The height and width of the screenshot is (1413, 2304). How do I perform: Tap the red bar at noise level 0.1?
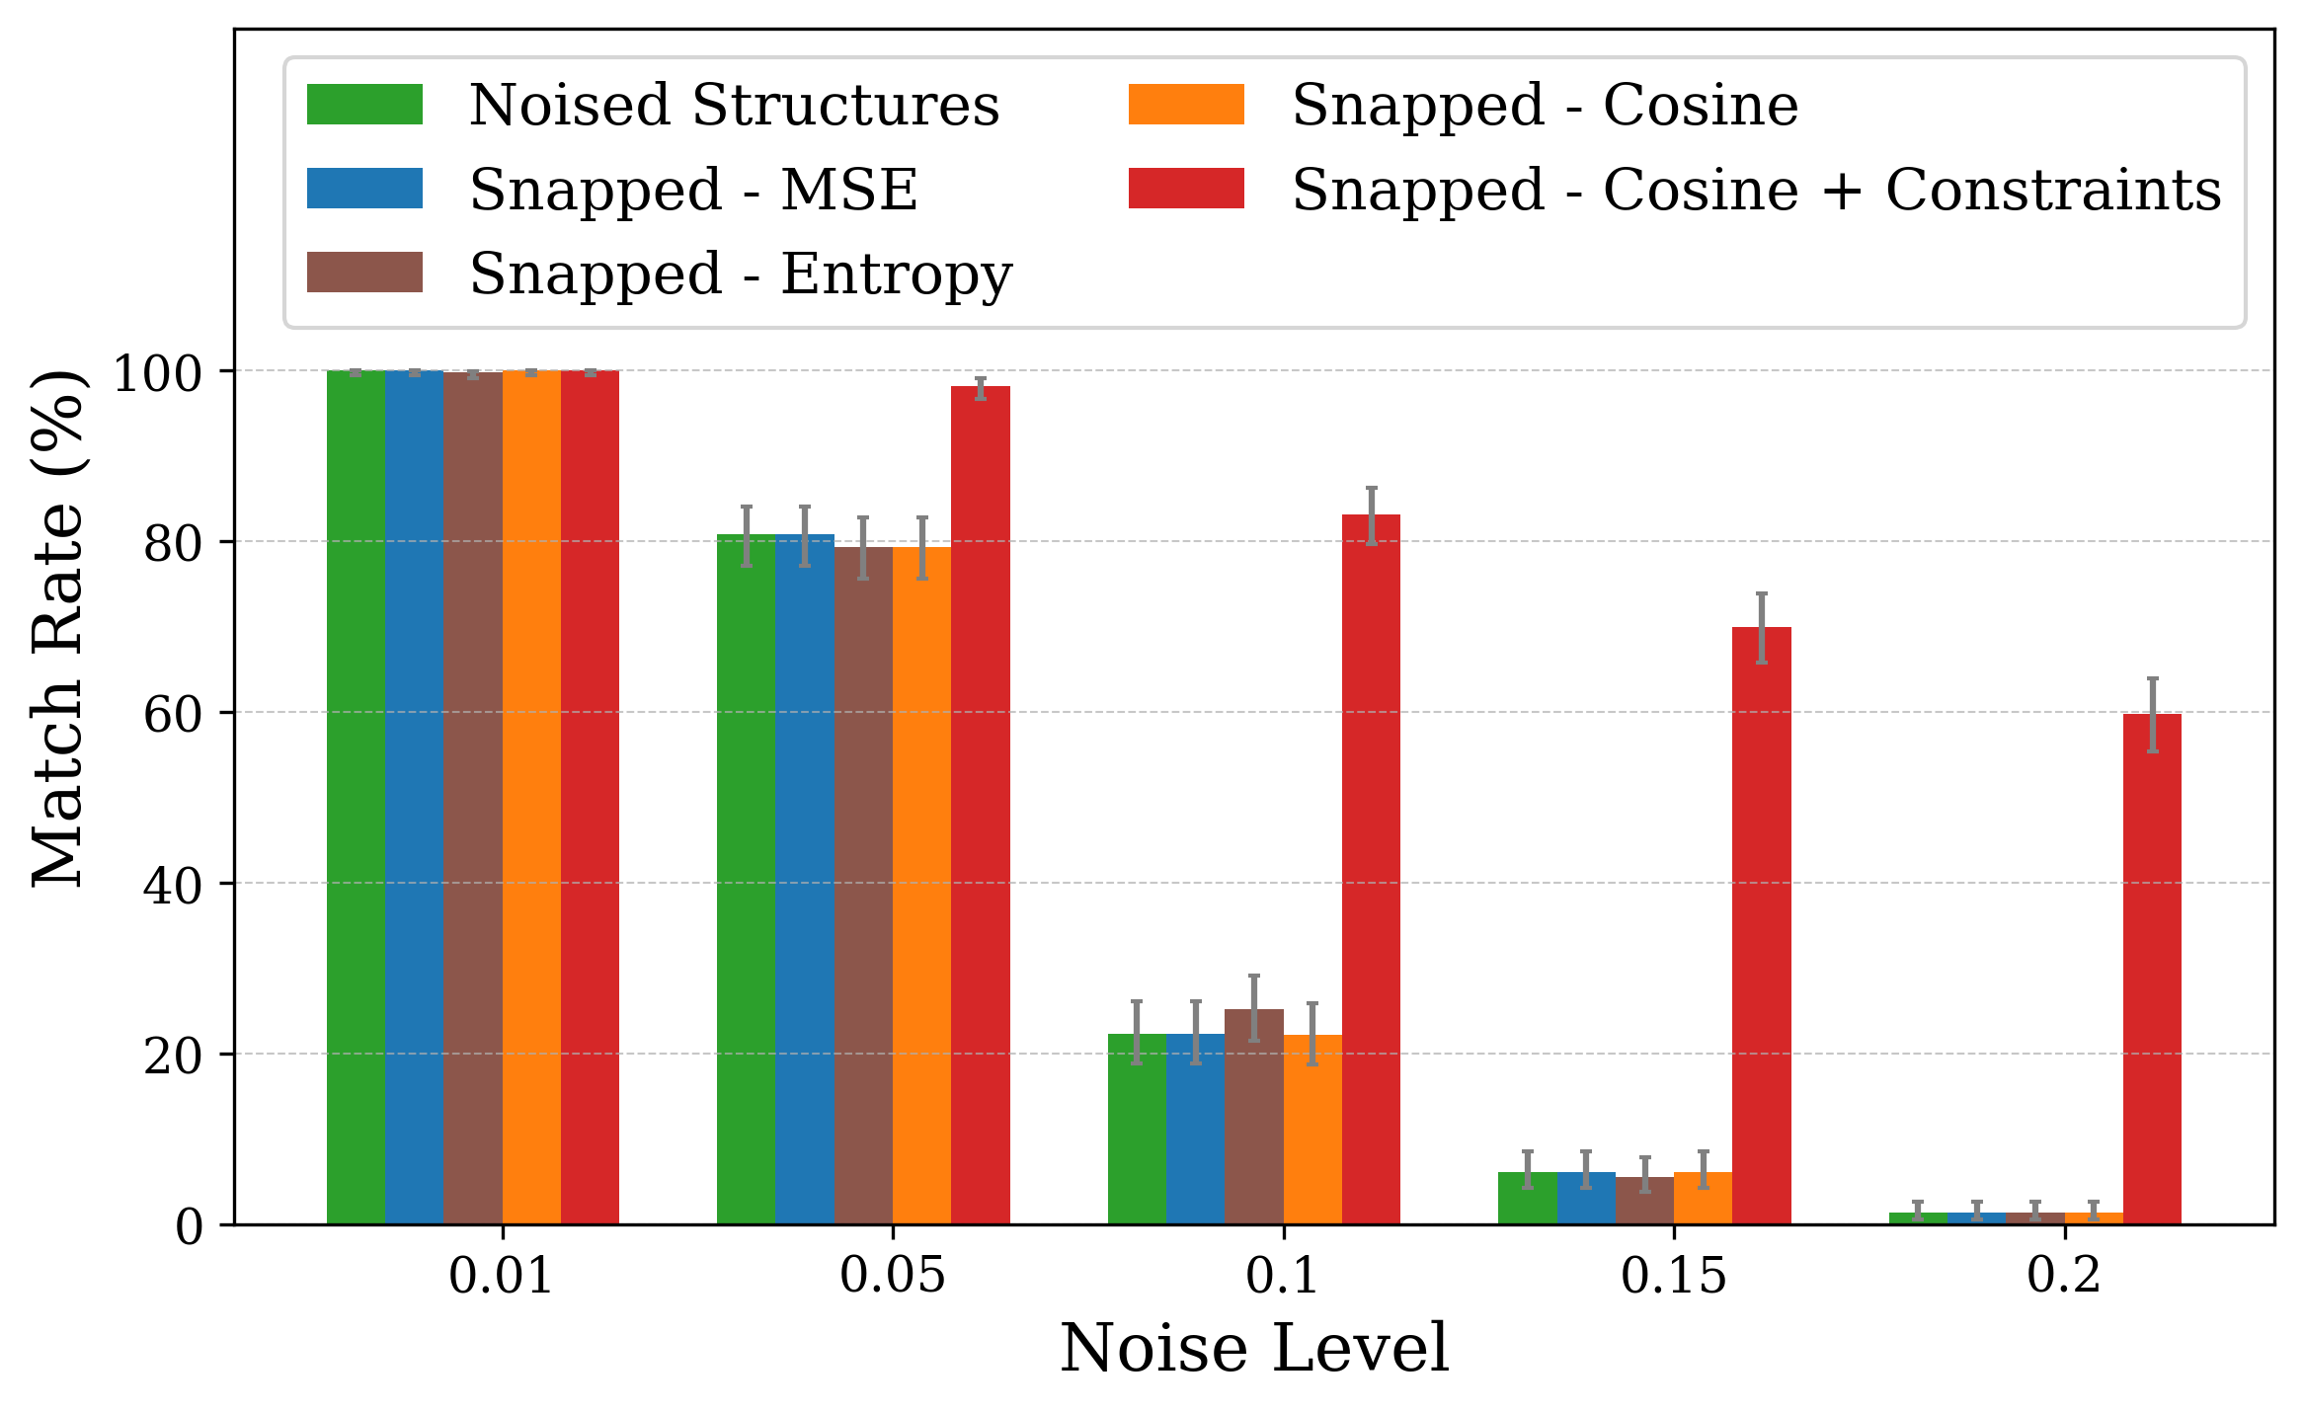pyautogui.click(x=1371, y=869)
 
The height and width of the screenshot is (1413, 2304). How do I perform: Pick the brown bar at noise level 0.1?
pyautogui.click(x=1253, y=1117)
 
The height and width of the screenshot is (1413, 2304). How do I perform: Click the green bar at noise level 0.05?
pyautogui.click(x=746, y=879)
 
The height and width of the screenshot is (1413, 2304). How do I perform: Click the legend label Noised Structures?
pyautogui.click(x=734, y=105)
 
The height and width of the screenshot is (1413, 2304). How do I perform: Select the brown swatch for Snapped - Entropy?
pyautogui.click(x=364, y=273)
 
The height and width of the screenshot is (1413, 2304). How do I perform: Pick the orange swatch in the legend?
pyautogui.click(x=1186, y=105)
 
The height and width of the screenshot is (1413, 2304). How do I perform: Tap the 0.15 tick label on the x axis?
pyautogui.click(x=1673, y=1276)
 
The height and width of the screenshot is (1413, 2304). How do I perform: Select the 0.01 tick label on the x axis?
pyautogui.click(x=502, y=1276)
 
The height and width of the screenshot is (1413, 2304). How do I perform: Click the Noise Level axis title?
pyautogui.click(x=1254, y=1349)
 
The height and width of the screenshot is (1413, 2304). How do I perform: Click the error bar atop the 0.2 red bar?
pyautogui.click(x=2152, y=715)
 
